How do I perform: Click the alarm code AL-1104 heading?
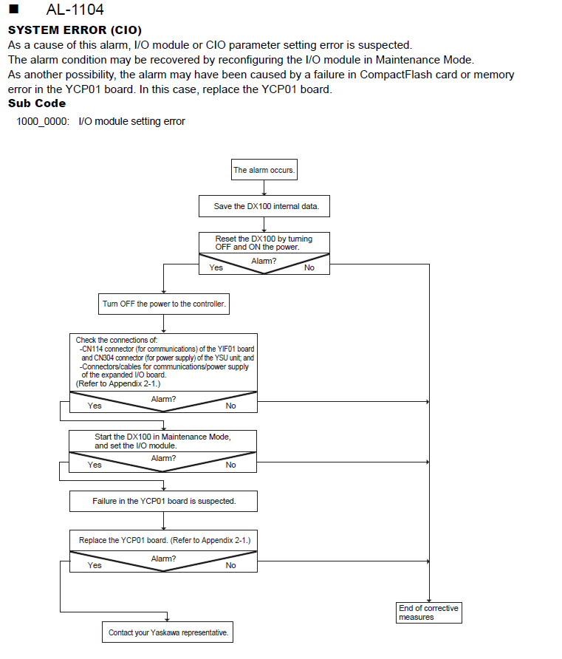pos(75,10)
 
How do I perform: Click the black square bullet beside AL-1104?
pos(14,9)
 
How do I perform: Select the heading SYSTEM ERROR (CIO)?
pos(75,30)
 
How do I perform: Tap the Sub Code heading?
pos(37,103)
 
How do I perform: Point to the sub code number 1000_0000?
pos(42,121)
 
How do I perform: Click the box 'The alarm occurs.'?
pos(264,170)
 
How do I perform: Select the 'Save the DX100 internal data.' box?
pos(264,206)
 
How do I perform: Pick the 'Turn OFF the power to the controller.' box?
pos(164,304)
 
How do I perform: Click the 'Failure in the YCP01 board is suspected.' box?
pos(163,501)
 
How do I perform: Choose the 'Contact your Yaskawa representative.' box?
pos(168,632)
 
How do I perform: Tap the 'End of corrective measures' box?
pos(429,612)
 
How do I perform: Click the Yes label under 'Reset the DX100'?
pos(216,267)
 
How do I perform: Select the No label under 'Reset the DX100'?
pos(309,267)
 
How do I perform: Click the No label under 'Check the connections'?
pos(230,406)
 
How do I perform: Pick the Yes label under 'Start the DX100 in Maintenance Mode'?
pos(95,465)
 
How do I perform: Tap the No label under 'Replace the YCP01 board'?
pos(230,565)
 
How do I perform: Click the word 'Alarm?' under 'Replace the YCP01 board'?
pos(163,559)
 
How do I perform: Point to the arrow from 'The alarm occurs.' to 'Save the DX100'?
pos(264,188)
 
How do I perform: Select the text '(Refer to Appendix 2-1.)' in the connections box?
pos(118,383)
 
